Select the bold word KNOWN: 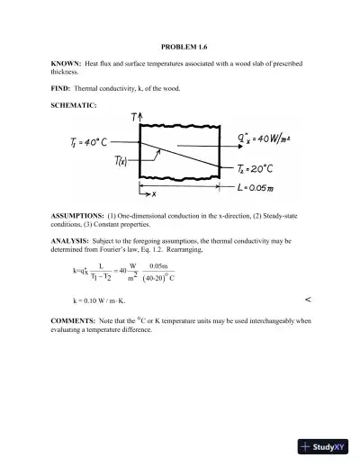tap(66, 65)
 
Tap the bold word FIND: tap(61, 91)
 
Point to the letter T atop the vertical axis tap(134, 118)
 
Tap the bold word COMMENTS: tap(74, 319)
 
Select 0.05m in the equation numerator tap(160, 266)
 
